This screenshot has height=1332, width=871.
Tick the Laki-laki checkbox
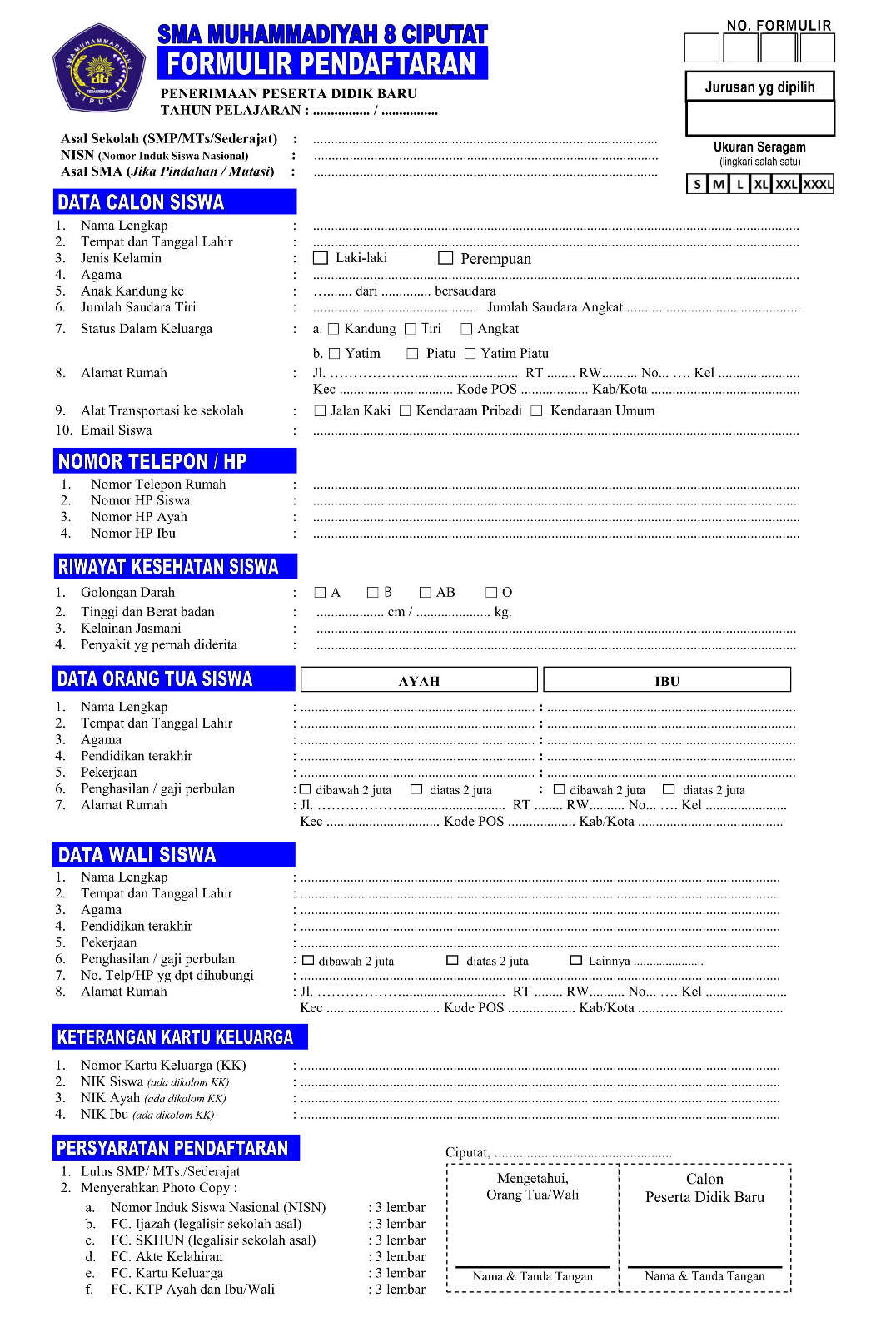click(x=321, y=258)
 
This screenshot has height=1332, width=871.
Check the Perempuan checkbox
click(x=445, y=258)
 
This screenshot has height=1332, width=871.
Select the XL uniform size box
click(x=760, y=184)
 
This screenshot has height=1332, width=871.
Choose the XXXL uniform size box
click(x=817, y=184)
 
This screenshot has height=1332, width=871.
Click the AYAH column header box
click(x=419, y=680)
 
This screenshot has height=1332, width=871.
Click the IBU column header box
click(x=667, y=680)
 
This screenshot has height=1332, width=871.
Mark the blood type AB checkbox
click(x=426, y=593)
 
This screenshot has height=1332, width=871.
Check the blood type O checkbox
click(x=491, y=593)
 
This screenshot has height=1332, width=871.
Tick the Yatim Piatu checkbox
click(x=470, y=354)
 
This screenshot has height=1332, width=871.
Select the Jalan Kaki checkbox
click(x=320, y=411)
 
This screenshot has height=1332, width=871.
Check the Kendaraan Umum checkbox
click(x=536, y=411)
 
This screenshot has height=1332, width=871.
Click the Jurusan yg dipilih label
click(x=759, y=87)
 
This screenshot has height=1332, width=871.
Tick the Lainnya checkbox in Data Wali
click(x=575, y=961)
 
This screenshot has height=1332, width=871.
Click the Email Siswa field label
click(x=116, y=430)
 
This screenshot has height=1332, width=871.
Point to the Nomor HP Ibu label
click(x=133, y=533)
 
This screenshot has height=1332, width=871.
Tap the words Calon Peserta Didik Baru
click(x=704, y=1188)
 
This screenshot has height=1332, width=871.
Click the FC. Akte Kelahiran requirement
click(x=167, y=1256)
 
